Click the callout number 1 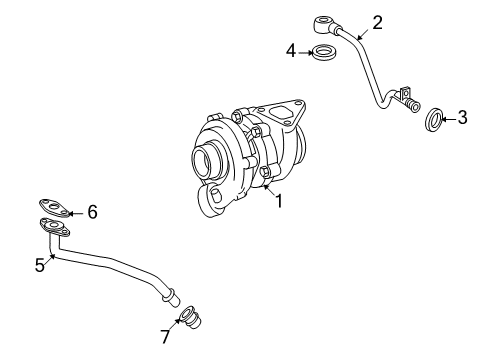coord(280,200)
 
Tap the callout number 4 coord(290,50)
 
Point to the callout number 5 coord(39,264)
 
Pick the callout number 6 coord(92,211)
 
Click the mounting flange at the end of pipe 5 coord(50,228)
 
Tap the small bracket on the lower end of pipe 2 coord(406,101)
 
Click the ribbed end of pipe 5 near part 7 coord(169,296)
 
